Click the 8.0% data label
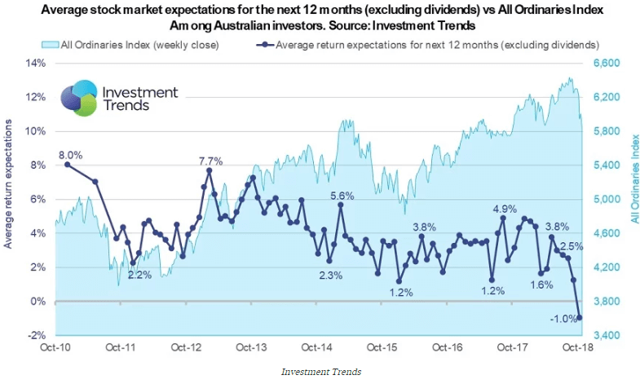70,154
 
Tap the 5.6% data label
342,196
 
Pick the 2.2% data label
139,275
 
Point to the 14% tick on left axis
37,63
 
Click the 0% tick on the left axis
40,302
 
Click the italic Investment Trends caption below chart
321,372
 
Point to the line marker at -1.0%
580,318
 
